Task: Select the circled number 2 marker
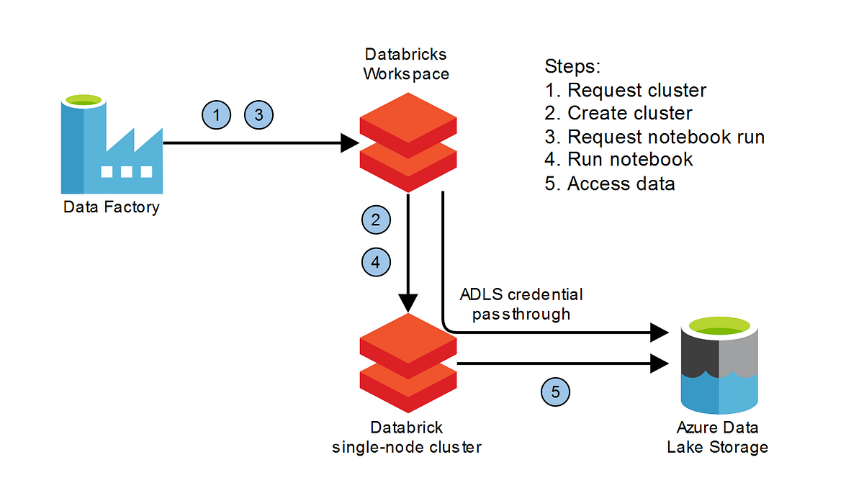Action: coord(375,219)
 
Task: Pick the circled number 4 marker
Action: coord(375,263)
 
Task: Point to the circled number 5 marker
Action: coord(555,392)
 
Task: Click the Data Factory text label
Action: coord(111,208)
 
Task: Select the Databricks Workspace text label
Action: coord(406,64)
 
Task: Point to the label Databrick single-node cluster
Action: coord(407,437)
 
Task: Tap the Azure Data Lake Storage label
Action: coord(717,437)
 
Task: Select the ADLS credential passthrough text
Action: coord(521,304)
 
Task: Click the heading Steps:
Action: coord(572,67)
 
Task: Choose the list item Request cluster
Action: coord(626,90)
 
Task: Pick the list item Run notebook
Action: coord(619,159)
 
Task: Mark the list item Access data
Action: coord(610,183)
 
